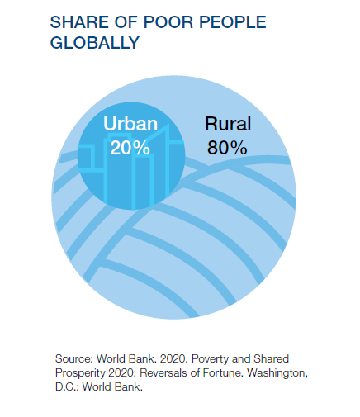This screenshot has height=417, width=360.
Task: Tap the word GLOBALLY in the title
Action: [95, 43]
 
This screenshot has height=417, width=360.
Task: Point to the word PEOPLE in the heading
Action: [233, 22]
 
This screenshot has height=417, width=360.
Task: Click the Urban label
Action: [130, 124]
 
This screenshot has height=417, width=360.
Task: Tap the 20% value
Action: [130, 148]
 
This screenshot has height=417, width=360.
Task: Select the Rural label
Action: [228, 124]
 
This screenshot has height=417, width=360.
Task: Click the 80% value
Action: [227, 148]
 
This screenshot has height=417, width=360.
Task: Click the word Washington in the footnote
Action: [277, 373]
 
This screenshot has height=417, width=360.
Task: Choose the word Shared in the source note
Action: [271, 359]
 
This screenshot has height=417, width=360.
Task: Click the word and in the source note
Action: [241, 359]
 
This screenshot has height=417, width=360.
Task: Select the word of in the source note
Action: [197, 373]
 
